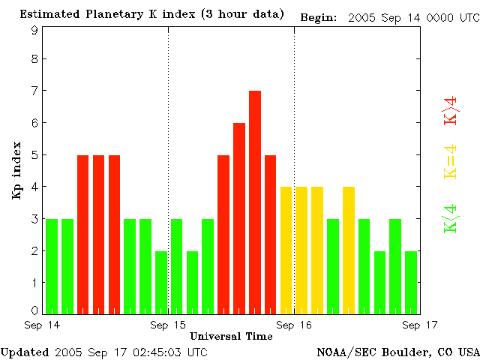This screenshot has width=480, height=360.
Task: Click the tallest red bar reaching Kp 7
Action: tap(255, 202)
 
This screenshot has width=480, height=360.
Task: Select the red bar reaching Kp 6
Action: tap(239, 218)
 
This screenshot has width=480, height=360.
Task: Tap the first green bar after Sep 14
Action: tap(52, 266)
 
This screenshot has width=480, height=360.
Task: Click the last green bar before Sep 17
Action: tap(411, 282)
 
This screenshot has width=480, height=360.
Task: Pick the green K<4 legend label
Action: tap(451, 220)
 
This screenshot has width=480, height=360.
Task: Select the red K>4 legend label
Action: tap(451, 109)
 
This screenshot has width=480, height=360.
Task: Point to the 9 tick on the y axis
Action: tap(34, 31)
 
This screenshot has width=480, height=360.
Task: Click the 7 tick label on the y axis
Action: tap(34, 91)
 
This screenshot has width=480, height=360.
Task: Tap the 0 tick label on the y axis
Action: tap(34, 310)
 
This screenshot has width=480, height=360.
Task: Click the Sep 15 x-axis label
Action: tap(168, 325)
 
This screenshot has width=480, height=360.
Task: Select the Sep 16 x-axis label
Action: tap(294, 325)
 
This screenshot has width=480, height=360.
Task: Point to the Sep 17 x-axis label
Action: tap(420, 325)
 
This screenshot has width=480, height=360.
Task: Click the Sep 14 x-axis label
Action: tap(43, 325)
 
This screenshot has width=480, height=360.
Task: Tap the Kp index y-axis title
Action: tap(16, 170)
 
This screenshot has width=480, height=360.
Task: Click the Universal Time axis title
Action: tap(231, 336)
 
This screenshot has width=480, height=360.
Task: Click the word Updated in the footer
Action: tap(25, 352)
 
